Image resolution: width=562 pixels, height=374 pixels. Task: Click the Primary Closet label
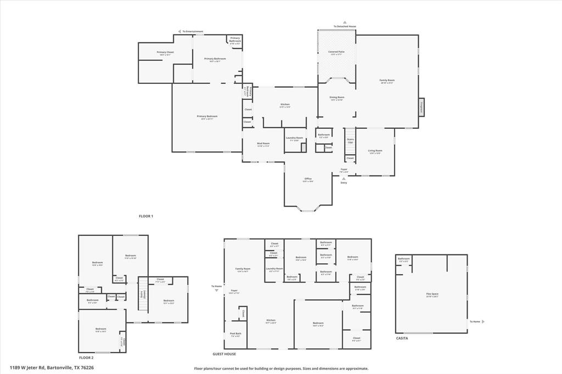165,53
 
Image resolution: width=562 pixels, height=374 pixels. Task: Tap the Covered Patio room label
336,53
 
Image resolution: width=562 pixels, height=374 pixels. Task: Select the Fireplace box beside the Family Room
421,107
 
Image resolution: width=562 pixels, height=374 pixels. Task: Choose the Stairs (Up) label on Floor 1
350,141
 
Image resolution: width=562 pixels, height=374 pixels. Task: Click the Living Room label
375,151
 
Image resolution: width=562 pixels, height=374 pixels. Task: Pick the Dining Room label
336,98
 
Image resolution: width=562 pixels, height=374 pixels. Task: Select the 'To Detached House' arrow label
345,26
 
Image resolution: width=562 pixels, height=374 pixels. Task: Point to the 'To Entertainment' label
193,31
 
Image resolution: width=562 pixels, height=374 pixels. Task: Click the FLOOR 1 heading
146,216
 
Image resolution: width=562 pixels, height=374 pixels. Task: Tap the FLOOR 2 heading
86,358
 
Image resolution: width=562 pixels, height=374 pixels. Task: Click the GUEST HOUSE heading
224,354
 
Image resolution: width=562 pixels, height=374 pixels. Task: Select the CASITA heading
402,338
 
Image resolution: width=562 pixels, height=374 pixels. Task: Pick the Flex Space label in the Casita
432,294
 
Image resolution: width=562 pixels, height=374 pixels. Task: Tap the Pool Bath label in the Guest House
235,335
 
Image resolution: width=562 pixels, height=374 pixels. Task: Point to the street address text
52,368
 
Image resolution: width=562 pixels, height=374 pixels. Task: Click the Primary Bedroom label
207,117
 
